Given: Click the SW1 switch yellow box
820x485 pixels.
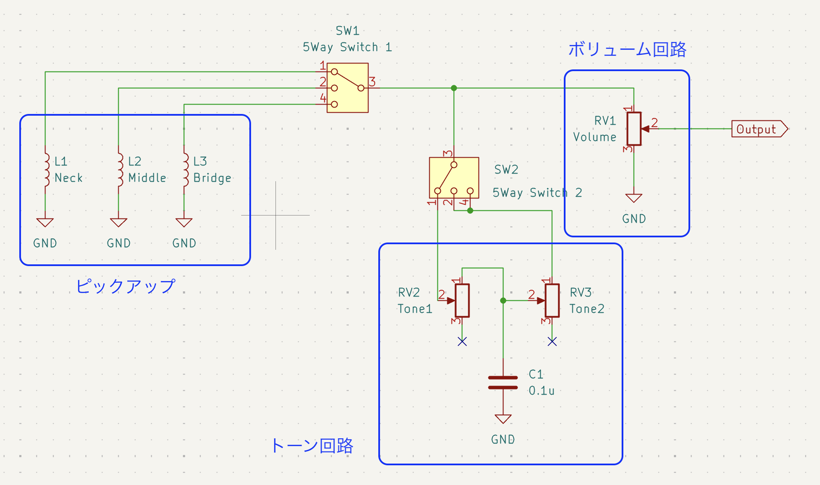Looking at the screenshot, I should [x=347, y=88].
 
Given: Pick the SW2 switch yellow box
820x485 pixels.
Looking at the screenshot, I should [x=454, y=177].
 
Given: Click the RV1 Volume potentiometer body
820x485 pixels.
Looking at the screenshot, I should [x=634, y=129].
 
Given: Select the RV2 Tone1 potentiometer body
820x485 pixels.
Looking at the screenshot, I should [x=462, y=300].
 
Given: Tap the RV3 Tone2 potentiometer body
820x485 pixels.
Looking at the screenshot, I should [x=552, y=300].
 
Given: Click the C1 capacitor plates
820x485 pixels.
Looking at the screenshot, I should [x=503, y=383].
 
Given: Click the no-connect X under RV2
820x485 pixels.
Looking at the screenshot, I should [x=462, y=341].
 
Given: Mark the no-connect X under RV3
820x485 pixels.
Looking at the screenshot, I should [x=552, y=341].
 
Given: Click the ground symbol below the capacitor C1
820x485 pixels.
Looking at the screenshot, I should [x=503, y=419].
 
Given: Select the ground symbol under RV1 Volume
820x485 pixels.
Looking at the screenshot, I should [x=634, y=198].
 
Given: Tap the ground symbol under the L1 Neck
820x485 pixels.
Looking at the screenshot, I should [x=45, y=222].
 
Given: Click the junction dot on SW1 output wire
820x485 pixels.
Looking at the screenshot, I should [x=454, y=88].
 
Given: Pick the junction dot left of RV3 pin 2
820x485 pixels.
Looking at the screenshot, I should [x=503, y=300].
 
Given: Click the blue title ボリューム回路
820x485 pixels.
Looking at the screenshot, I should [x=627, y=50].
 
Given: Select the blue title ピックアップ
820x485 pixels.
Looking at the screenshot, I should [x=126, y=286].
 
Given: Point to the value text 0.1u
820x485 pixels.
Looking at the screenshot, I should [x=542, y=391].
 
